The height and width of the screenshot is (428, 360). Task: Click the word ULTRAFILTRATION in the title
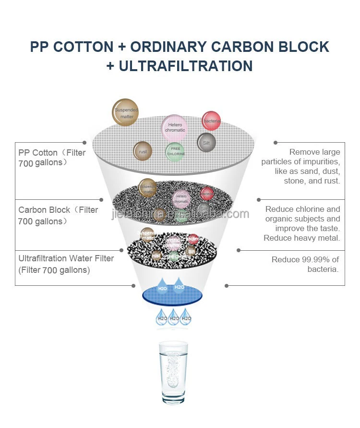click(x=185, y=66)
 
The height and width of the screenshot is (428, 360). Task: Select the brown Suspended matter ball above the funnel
click(x=126, y=113)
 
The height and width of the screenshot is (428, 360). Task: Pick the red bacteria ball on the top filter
click(x=211, y=121)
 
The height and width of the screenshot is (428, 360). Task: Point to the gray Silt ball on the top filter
click(x=206, y=143)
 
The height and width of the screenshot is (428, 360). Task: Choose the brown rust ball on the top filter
click(x=143, y=152)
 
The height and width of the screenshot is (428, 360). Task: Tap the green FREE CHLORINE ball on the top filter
click(x=176, y=152)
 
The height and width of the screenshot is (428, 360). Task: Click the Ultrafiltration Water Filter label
click(x=66, y=258)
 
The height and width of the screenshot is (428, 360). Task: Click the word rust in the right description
click(x=332, y=181)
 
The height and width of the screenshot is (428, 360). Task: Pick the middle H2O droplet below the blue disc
click(x=174, y=318)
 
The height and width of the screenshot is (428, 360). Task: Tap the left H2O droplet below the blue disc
click(x=162, y=318)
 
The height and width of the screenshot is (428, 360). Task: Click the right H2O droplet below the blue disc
click(x=186, y=318)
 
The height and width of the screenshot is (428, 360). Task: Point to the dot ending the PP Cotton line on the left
click(x=84, y=143)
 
